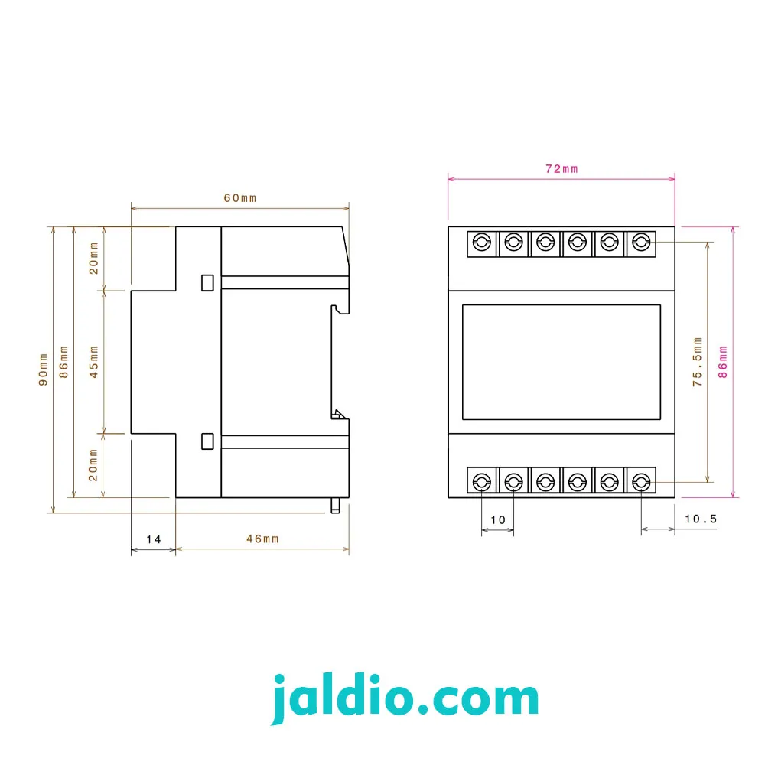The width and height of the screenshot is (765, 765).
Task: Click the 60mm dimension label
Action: coord(240,198)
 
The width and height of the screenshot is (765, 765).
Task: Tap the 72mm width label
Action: coord(562,169)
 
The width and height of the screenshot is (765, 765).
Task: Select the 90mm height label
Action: coord(43,369)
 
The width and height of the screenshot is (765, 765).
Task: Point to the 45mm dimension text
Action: coord(93,362)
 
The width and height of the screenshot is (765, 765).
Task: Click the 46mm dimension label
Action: coord(262,539)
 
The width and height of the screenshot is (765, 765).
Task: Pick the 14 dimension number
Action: coord(154,539)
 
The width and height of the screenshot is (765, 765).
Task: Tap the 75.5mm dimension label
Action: coord(697,362)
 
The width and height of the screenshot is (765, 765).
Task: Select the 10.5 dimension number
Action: coord(701,519)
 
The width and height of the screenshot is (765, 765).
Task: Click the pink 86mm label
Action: coord(723,362)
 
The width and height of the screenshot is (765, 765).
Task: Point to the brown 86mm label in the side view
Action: coord(63,362)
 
